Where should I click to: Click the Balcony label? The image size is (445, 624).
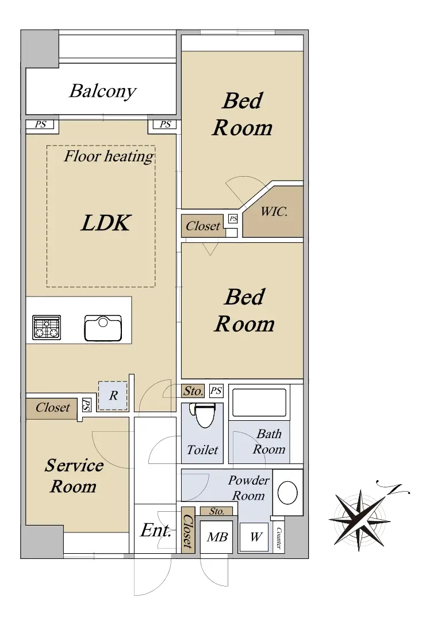(102, 91)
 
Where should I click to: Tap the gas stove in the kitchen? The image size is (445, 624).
(47, 328)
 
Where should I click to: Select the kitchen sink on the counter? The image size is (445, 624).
(103, 328)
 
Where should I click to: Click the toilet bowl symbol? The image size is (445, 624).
(205, 415)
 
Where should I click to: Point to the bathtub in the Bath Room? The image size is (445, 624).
(259, 403)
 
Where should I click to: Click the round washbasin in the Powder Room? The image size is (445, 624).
(287, 493)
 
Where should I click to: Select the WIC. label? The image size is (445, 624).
(274, 211)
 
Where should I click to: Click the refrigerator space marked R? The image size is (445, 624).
(113, 395)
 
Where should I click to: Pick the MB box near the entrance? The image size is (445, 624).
(217, 537)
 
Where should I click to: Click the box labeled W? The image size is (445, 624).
(254, 537)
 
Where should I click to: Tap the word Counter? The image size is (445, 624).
(278, 538)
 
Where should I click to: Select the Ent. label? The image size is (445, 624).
(155, 531)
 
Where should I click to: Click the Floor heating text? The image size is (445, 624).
(109, 156)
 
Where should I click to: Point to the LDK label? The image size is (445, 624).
(106, 223)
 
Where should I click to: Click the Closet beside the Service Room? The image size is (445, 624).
(52, 408)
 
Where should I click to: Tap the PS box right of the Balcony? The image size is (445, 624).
(165, 124)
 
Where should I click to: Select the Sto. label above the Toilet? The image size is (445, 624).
(193, 391)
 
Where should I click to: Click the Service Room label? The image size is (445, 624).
(74, 476)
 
